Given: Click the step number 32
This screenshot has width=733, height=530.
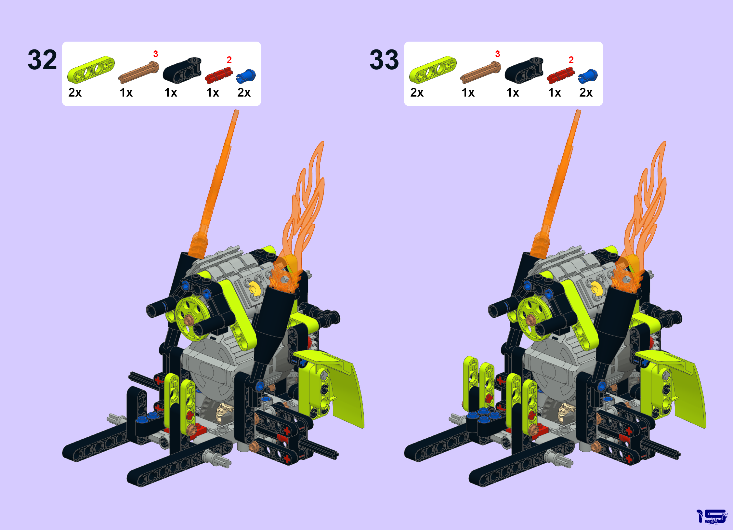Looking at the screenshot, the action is (42, 60).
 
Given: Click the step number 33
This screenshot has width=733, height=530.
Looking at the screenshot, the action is (384, 60).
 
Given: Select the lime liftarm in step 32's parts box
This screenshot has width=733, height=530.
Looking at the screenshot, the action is (91, 70).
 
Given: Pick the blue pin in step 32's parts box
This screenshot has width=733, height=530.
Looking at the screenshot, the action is (246, 76).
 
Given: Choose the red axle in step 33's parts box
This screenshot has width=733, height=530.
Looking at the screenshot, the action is (560, 75).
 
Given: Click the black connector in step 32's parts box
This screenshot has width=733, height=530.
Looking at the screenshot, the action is (182, 71).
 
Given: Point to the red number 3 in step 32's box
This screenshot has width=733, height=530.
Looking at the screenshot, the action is (156, 54).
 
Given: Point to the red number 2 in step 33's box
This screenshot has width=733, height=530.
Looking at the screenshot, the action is (571, 60).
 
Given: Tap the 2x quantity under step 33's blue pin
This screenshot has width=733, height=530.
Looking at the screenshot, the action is (586, 93).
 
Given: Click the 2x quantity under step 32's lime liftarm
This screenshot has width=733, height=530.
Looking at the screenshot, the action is (75, 93).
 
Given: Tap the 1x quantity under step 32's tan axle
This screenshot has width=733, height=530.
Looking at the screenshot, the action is (126, 93).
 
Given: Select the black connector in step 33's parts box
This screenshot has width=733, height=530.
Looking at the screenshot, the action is (524, 71).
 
